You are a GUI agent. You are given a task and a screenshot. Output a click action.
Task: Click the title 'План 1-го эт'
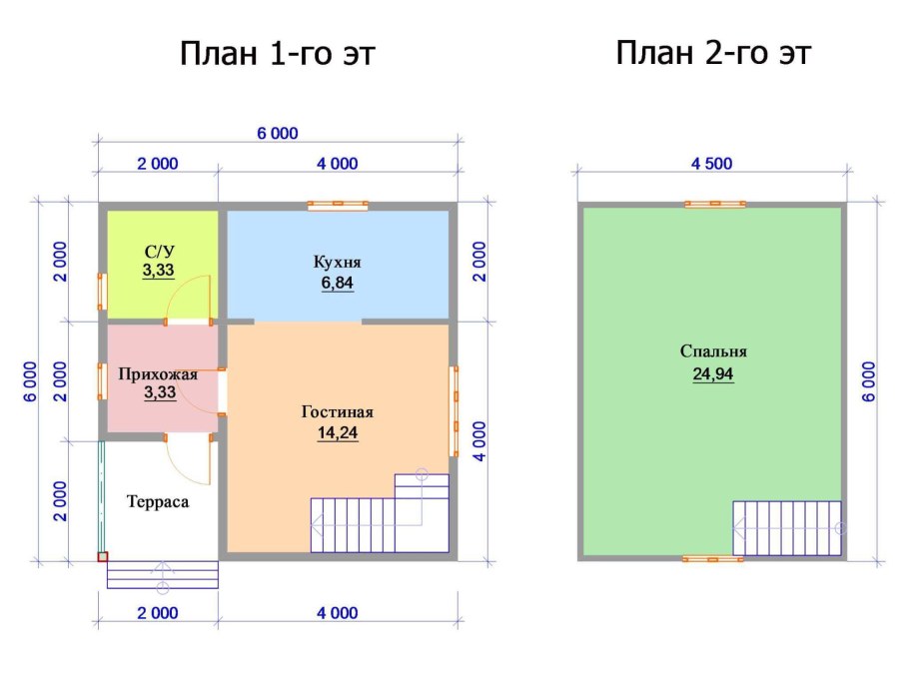[x=278, y=53]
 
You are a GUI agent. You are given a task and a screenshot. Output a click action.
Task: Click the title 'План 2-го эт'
[x=712, y=53]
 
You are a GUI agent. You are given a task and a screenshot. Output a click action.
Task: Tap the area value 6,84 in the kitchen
[x=338, y=284]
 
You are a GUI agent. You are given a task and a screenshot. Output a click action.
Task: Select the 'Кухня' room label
[x=338, y=262]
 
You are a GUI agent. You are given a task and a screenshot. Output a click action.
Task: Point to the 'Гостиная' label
[x=338, y=411]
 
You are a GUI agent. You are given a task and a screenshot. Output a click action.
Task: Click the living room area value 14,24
[x=338, y=433]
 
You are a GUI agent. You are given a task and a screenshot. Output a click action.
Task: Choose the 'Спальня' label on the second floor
[x=713, y=351]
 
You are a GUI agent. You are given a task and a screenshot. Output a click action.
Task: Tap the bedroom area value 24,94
[x=713, y=374]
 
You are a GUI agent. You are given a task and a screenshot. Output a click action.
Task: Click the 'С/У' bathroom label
[x=159, y=250]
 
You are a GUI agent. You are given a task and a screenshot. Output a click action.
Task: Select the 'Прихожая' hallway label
[x=158, y=374]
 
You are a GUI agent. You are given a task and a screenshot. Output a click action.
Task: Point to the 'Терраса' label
[x=158, y=501]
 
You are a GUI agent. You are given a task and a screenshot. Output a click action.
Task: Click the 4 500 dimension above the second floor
[x=713, y=165]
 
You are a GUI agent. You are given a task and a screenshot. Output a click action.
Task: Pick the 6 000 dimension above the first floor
[x=277, y=134]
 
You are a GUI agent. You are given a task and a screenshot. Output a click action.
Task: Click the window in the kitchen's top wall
[x=338, y=205]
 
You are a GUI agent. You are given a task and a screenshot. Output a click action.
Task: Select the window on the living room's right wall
[x=454, y=397]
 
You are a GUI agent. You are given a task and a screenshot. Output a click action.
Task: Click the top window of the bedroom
[x=714, y=205]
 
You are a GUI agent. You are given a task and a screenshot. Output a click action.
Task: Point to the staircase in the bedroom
[x=787, y=527]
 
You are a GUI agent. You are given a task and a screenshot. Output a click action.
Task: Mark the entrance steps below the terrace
[x=162, y=574]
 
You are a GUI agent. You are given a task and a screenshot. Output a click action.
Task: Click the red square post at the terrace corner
[x=102, y=557]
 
